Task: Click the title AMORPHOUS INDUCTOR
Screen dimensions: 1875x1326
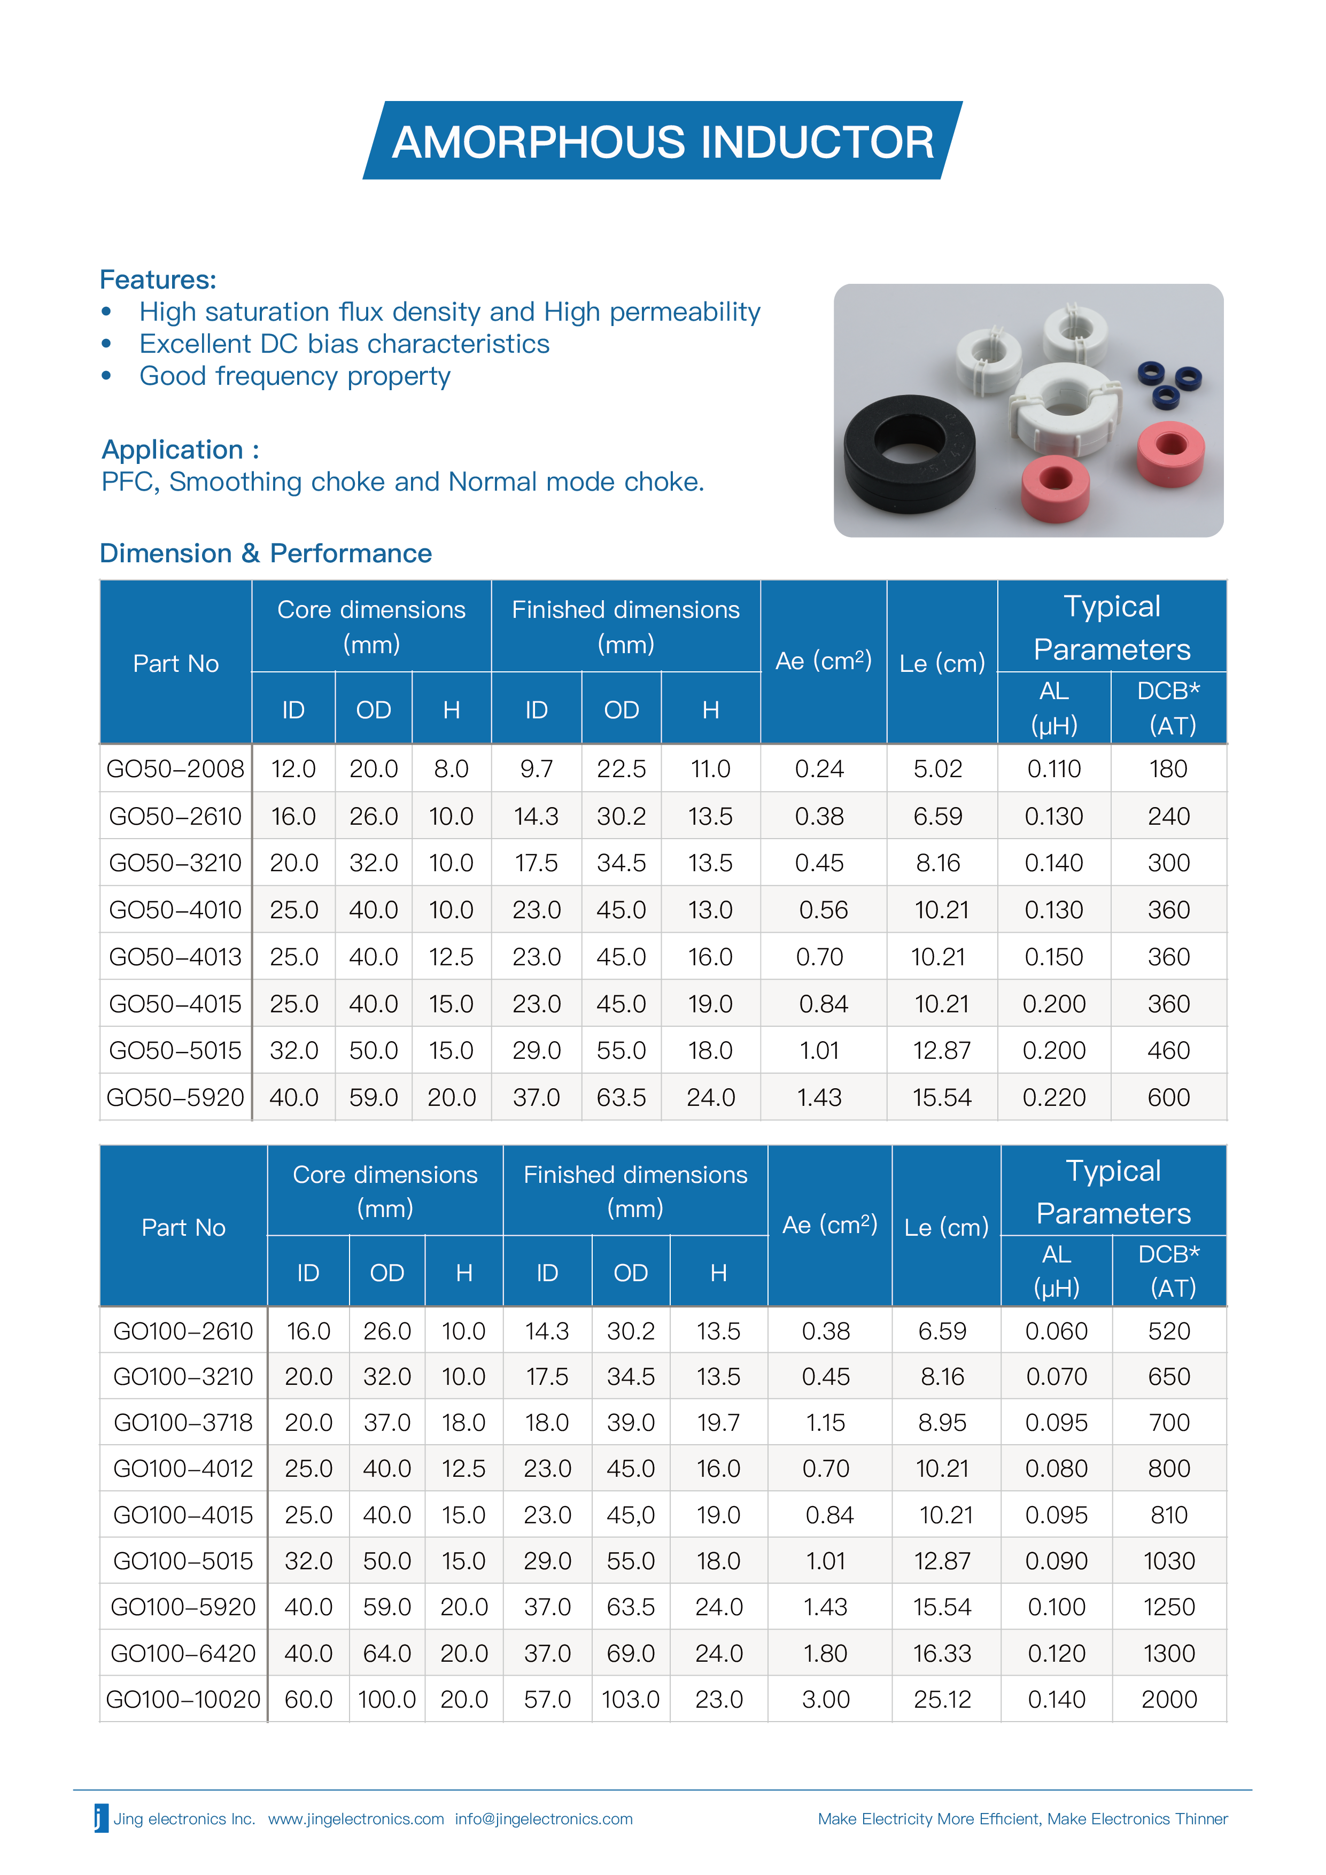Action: tap(662, 142)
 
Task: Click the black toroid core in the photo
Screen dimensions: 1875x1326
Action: tap(909, 453)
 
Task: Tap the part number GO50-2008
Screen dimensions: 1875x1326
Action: tap(175, 769)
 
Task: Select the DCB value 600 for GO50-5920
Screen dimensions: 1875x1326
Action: tap(1168, 1097)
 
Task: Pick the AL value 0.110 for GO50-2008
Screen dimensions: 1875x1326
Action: tap(1054, 769)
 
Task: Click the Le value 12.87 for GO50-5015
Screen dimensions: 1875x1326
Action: tap(941, 1050)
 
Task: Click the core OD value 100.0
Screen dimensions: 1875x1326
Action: tap(386, 1700)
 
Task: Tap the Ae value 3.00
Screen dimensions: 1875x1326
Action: tap(826, 1700)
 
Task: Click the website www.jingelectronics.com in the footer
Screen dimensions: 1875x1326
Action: tap(356, 1819)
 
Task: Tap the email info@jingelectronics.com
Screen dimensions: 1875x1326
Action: tap(544, 1819)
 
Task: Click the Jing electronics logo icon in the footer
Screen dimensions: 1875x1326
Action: tap(101, 1819)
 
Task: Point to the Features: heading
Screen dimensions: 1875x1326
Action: tap(158, 280)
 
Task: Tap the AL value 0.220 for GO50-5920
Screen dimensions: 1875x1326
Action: tap(1054, 1097)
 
